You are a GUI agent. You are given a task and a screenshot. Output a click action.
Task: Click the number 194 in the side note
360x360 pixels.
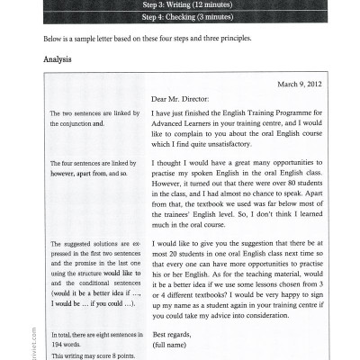59,343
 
